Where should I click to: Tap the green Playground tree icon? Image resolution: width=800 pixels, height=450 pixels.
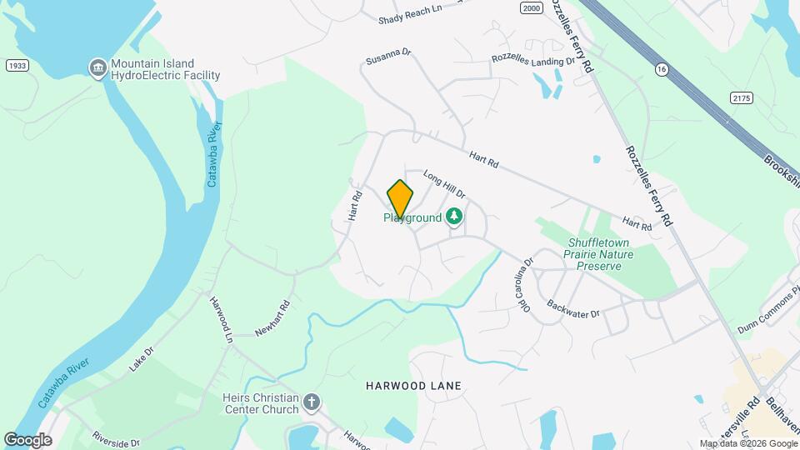[x=454, y=217]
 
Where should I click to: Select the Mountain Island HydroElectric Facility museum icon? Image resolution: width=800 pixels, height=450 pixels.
[x=98, y=67]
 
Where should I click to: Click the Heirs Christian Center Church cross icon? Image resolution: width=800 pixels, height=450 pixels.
[x=312, y=403]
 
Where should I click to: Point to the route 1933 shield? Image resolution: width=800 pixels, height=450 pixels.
[x=16, y=65]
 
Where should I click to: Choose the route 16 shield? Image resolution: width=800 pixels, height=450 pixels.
[x=662, y=67]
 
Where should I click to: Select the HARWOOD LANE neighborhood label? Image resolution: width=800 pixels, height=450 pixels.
[x=413, y=386]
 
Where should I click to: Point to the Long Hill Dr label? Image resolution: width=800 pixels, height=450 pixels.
[x=443, y=184]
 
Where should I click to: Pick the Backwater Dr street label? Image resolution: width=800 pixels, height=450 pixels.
[x=572, y=309]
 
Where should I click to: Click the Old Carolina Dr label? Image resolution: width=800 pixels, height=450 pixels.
[x=525, y=285]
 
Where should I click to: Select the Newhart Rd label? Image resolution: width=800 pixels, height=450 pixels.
[x=272, y=318]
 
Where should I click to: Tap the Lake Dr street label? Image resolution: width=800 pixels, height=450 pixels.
[x=142, y=359]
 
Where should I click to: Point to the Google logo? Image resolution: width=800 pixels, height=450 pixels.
[x=27, y=439]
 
